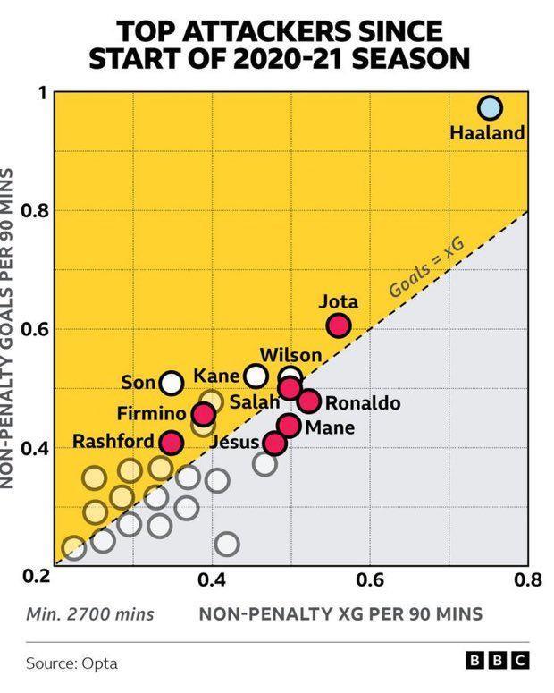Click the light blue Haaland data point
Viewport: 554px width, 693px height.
coord(489,108)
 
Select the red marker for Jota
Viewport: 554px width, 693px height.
coord(338,325)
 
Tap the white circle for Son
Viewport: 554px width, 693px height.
coord(172,383)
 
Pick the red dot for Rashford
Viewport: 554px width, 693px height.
coord(172,442)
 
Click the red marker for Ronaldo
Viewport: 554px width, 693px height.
coord(309,401)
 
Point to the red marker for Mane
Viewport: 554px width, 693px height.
coord(289,425)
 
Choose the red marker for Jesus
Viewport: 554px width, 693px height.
coord(275,442)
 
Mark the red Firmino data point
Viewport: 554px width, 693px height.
coord(204,414)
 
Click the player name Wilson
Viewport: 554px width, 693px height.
coord(290,356)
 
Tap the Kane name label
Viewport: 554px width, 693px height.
coord(216,376)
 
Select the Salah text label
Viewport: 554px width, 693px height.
coord(255,402)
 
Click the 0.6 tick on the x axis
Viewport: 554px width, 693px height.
coord(370,579)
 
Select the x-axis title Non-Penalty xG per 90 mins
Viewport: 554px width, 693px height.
coord(340,613)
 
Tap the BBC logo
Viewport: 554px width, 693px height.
coord(499,662)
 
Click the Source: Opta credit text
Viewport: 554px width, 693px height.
coord(72,663)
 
